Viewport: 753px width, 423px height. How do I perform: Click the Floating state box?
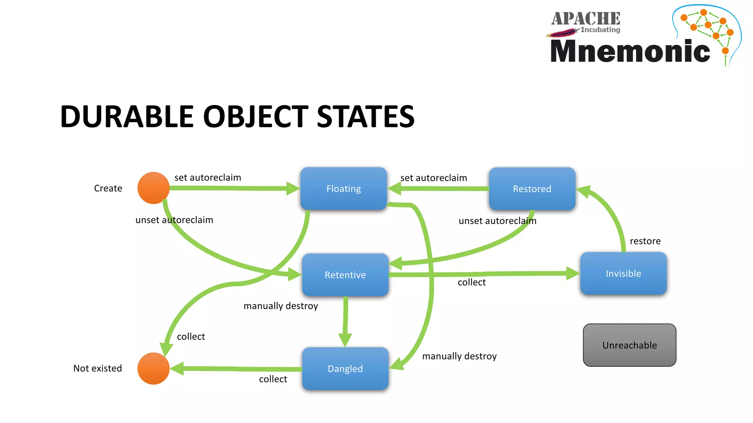[x=343, y=189]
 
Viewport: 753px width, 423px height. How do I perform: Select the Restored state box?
[x=532, y=189]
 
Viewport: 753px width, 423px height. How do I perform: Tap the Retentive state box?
[x=345, y=275]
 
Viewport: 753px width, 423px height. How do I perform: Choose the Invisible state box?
[x=623, y=274]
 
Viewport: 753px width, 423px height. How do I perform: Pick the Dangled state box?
[x=345, y=369]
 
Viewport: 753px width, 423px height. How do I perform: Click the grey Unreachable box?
[x=629, y=345]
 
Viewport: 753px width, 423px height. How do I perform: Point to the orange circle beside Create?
[x=153, y=188]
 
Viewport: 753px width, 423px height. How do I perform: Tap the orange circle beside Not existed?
[x=153, y=369]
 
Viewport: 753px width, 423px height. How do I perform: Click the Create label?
[x=108, y=188]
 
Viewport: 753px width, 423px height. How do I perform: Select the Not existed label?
[x=97, y=368]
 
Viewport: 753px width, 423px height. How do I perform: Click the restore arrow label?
[x=645, y=241]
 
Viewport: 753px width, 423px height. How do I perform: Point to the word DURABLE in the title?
[x=127, y=117]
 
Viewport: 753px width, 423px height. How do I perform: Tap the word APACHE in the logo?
[x=585, y=19]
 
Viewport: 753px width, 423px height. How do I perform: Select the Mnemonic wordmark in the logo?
[x=630, y=51]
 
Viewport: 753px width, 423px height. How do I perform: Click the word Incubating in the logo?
[x=600, y=30]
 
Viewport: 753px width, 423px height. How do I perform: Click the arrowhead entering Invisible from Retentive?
[x=573, y=274]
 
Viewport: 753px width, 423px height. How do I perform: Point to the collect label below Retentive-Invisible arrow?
[x=471, y=282]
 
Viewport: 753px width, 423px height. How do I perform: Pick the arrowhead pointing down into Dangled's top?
[x=345, y=340]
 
